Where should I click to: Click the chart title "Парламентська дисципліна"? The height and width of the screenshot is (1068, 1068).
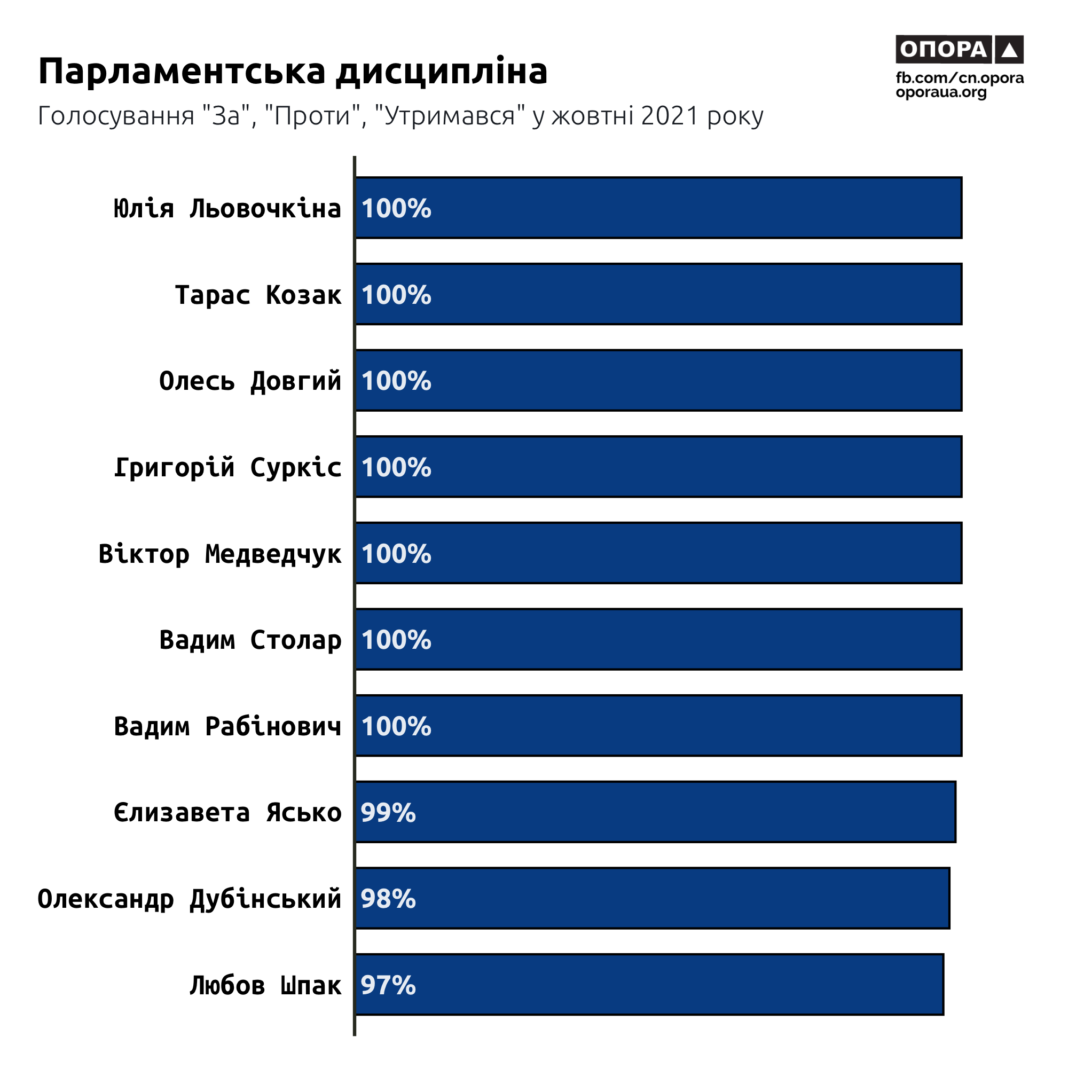click(293, 72)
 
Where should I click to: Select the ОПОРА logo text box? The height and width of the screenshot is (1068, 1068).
click(943, 50)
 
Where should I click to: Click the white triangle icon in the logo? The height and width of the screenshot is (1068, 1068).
click(1009, 50)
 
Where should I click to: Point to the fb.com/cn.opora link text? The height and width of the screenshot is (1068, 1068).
click(960, 78)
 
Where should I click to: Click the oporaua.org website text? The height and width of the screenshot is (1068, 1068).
click(941, 92)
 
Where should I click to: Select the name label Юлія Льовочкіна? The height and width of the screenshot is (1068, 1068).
click(227, 209)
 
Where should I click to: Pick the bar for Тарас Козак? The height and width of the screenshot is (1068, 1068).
click(658, 294)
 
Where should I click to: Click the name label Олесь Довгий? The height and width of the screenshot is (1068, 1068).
click(250, 381)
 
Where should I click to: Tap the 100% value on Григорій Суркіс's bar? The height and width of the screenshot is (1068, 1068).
click(396, 468)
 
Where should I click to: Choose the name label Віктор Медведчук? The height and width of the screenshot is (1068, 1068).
click(219, 554)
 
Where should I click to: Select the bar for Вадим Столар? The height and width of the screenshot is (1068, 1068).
click(658, 640)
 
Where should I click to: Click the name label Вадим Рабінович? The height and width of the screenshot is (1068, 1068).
click(227, 726)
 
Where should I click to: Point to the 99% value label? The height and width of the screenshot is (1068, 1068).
click(388, 813)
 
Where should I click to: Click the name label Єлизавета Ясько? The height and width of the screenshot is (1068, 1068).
click(227, 813)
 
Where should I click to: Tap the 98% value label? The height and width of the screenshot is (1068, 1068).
click(388, 899)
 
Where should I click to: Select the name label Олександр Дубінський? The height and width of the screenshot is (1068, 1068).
click(189, 899)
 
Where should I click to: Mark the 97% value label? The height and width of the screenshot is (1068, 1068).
click(388, 985)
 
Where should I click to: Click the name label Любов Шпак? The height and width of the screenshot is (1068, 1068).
click(265, 986)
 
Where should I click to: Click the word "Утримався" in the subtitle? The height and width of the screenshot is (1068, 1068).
click(450, 116)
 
